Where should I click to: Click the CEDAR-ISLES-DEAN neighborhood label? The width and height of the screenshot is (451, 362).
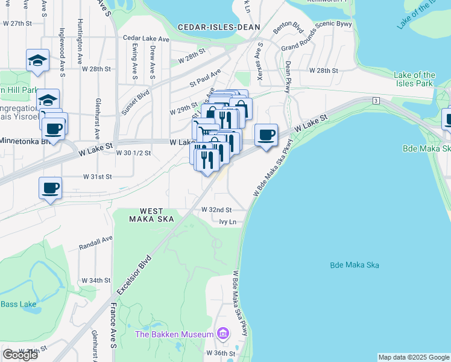219,27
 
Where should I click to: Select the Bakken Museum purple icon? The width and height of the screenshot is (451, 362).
223,334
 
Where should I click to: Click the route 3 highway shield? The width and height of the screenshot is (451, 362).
375,100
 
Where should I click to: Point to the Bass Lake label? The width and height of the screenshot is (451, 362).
17,304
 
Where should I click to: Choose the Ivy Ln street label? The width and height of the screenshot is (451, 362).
227,222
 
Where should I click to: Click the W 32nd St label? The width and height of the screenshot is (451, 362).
216,210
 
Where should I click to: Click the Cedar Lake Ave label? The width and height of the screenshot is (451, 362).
146,38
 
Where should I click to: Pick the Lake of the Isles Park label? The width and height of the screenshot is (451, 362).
414,79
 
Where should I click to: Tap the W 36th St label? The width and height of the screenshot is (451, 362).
218,353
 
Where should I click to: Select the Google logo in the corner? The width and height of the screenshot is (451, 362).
20,355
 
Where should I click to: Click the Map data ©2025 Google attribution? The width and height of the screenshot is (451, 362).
414,357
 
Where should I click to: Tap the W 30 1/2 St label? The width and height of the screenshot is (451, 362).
133,153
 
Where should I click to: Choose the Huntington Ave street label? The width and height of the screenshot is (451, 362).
80,42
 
